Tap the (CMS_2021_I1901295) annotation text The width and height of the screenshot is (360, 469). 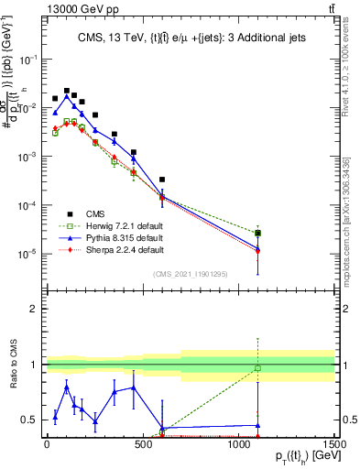pos(190,274)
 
